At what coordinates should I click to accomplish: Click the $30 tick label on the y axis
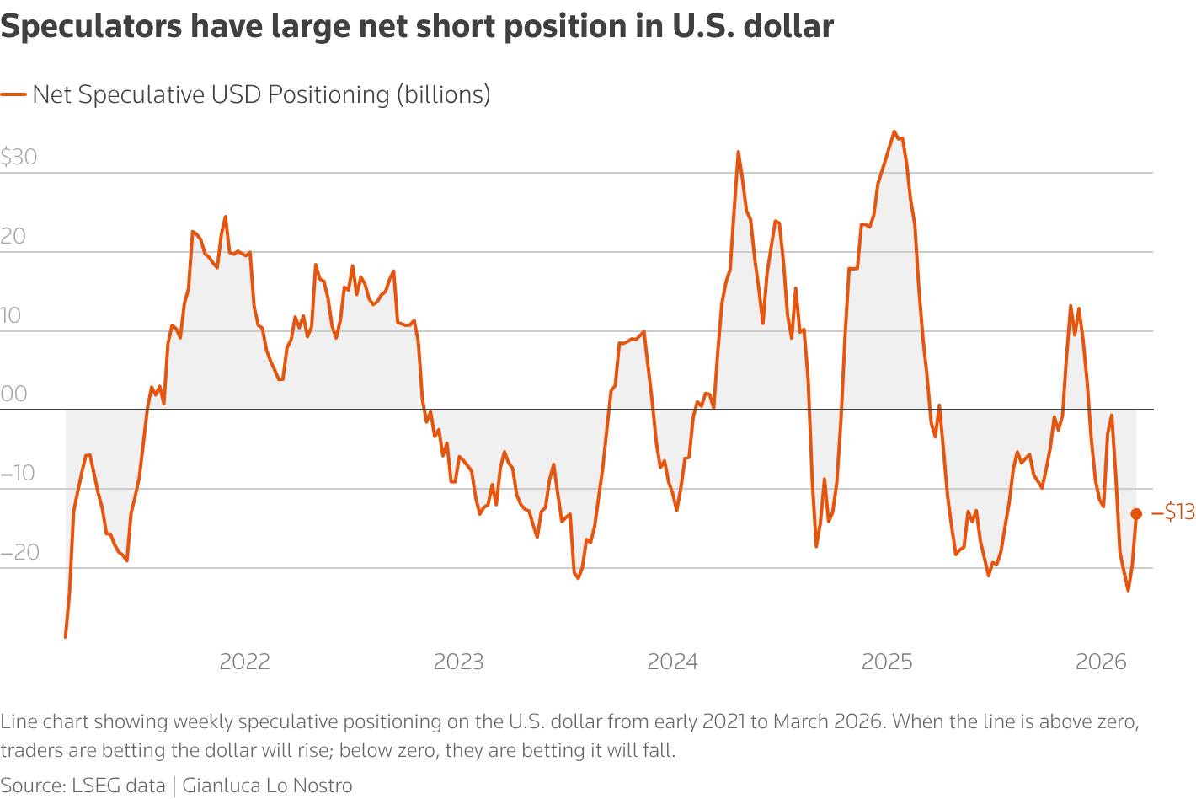coord(19,157)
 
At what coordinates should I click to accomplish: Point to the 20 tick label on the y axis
coord(13,236)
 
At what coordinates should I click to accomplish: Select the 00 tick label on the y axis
coord(13,394)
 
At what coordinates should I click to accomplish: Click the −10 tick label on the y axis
coord(19,473)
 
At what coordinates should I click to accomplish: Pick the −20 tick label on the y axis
coord(19,552)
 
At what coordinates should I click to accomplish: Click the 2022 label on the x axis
coord(244,662)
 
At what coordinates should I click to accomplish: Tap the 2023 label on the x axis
coord(458,662)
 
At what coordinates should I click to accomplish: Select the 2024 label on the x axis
coord(672,662)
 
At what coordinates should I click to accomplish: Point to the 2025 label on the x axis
coord(887,662)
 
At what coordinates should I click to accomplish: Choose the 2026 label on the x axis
coord(1101,662)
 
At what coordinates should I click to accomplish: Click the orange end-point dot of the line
coord(1136,514)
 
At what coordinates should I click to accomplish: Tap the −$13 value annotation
coord(1173,512)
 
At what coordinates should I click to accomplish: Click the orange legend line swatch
coord(13,94)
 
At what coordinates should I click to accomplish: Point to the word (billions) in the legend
coord(443,94)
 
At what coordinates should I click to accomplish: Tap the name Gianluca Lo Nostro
coord(267,786)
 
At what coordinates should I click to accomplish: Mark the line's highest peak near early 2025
coord(894,131)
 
